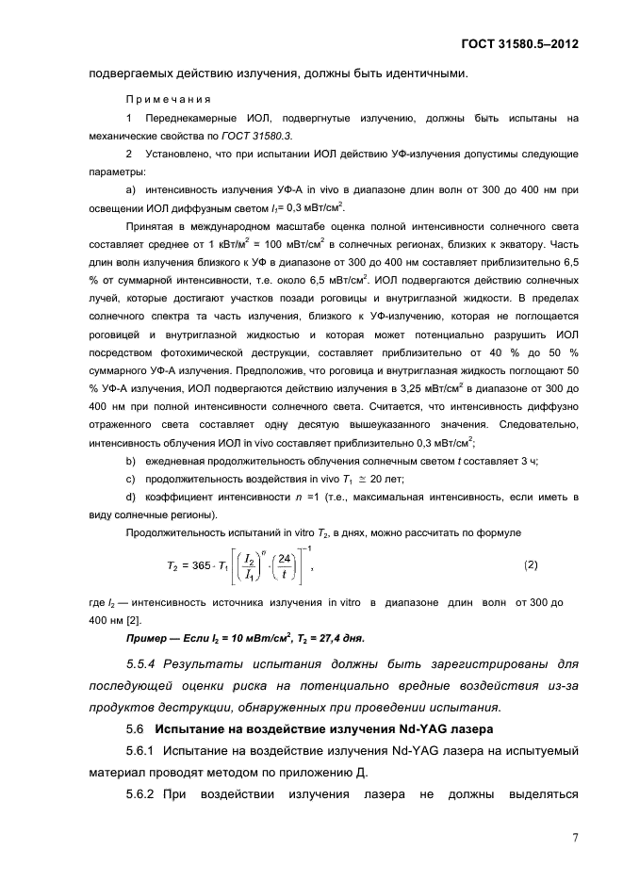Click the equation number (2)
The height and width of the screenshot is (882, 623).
click(530, 563)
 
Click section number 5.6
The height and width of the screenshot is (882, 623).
click(135, 728)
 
